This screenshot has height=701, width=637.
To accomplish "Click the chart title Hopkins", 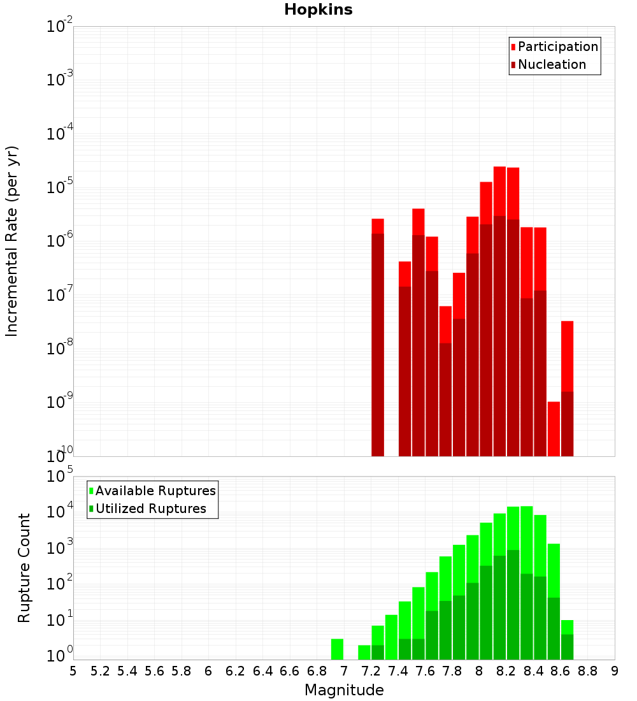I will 318,10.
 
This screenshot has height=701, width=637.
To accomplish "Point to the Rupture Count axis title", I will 24,567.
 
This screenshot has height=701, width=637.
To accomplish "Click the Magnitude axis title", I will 344,690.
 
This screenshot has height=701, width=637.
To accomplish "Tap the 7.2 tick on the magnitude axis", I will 371,671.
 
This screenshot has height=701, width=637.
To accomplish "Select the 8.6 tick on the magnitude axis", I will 561,671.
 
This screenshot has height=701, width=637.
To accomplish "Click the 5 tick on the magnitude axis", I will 73,671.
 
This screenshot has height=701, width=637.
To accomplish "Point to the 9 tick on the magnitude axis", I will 615,671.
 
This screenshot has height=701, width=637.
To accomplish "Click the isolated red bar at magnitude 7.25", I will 378,338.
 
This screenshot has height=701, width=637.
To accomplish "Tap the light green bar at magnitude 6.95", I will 337,649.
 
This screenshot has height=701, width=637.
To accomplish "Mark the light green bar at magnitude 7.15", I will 364,653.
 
